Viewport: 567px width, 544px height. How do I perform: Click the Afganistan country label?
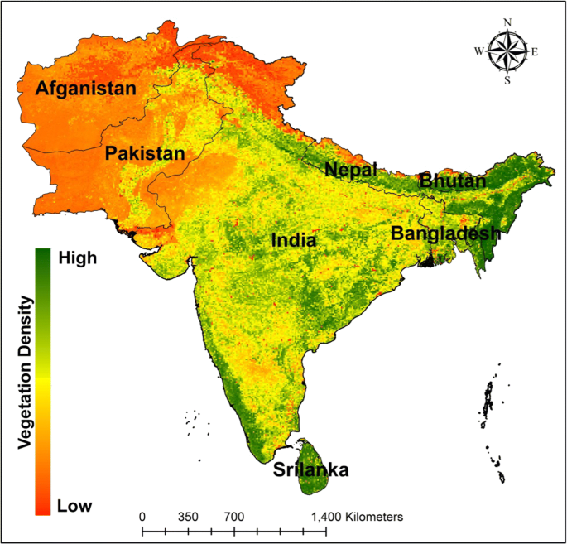pos(84,88)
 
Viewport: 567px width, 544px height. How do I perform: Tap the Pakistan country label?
pos(145,153)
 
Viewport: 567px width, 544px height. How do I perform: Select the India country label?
pos(293,241)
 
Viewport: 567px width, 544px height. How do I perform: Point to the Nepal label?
pos(350,170)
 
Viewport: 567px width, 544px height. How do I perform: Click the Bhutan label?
pos(452,180)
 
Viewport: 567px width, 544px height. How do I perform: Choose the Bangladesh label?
pos(445,233)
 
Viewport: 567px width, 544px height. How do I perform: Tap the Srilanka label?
pos(310,471)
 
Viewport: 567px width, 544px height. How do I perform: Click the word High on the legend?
pos(78,258)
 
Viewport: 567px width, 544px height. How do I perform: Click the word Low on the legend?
pos(74,505)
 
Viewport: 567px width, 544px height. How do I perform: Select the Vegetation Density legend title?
pos(26,382)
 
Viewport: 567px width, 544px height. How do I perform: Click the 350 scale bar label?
pos(188,516)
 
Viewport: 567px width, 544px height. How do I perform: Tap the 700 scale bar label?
pos(234,516)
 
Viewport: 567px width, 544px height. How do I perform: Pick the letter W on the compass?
pos(478,51)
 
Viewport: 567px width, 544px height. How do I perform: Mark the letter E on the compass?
pos(534,51)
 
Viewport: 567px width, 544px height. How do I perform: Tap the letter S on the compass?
pos(507,80)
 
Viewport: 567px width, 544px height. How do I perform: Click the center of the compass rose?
pos(507,51)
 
